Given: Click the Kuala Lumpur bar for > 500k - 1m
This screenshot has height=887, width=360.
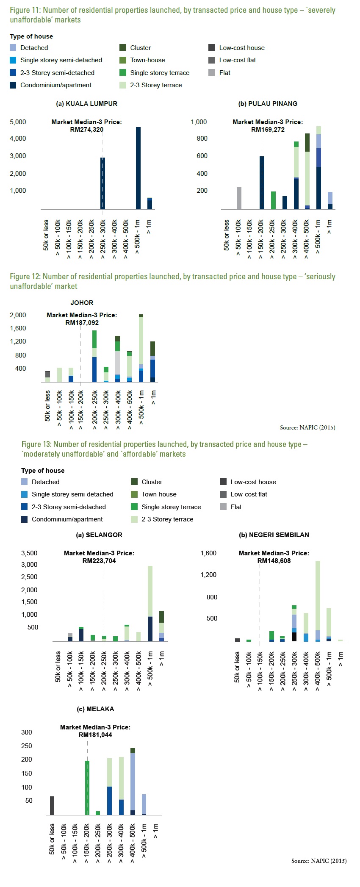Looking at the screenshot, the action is (138, 168).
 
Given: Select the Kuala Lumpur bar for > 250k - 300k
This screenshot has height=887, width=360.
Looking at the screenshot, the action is (102, 183).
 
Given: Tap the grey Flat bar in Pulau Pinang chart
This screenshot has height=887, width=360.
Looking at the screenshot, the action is (239, 198).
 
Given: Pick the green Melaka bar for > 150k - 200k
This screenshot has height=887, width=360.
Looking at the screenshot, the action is (87, 787).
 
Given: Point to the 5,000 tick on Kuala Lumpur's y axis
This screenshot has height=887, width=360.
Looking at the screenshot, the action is (18, 122).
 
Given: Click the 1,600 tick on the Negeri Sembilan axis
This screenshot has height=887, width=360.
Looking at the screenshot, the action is (208, 553).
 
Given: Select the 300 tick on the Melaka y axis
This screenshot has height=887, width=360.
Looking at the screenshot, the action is (27, 732).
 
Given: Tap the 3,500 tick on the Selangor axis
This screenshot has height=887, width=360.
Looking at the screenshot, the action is (29, 553).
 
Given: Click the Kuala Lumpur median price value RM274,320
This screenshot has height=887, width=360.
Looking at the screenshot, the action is (87, 130).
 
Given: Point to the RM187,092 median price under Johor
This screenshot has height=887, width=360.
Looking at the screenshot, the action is (82, 323).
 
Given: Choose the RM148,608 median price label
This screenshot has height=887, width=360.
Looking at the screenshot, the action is (274, 561).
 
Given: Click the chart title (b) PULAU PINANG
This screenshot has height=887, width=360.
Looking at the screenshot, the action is (268, 104).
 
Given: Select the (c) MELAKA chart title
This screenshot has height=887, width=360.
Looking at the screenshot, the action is (95, 709).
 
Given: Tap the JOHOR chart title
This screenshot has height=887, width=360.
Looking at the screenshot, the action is (82, 303).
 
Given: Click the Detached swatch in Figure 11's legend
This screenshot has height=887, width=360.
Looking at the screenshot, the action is (13, 48).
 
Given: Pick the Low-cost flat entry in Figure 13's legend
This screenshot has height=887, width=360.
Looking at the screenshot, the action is (244, 494).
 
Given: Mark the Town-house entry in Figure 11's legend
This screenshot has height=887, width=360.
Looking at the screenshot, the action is (142, 60).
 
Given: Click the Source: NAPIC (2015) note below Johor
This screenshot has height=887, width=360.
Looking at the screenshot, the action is (307, 427).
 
